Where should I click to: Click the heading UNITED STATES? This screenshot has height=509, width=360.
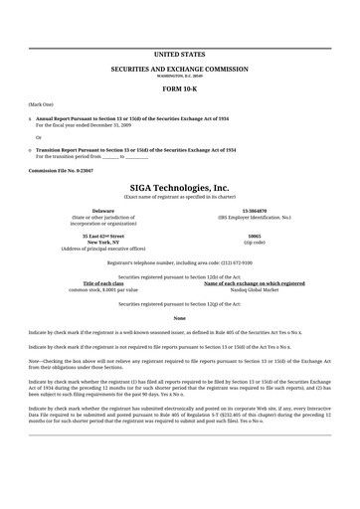pos(179,53)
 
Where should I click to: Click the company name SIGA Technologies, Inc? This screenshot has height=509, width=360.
pos(179,187)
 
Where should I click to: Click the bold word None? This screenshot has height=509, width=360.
pos(179,316)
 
